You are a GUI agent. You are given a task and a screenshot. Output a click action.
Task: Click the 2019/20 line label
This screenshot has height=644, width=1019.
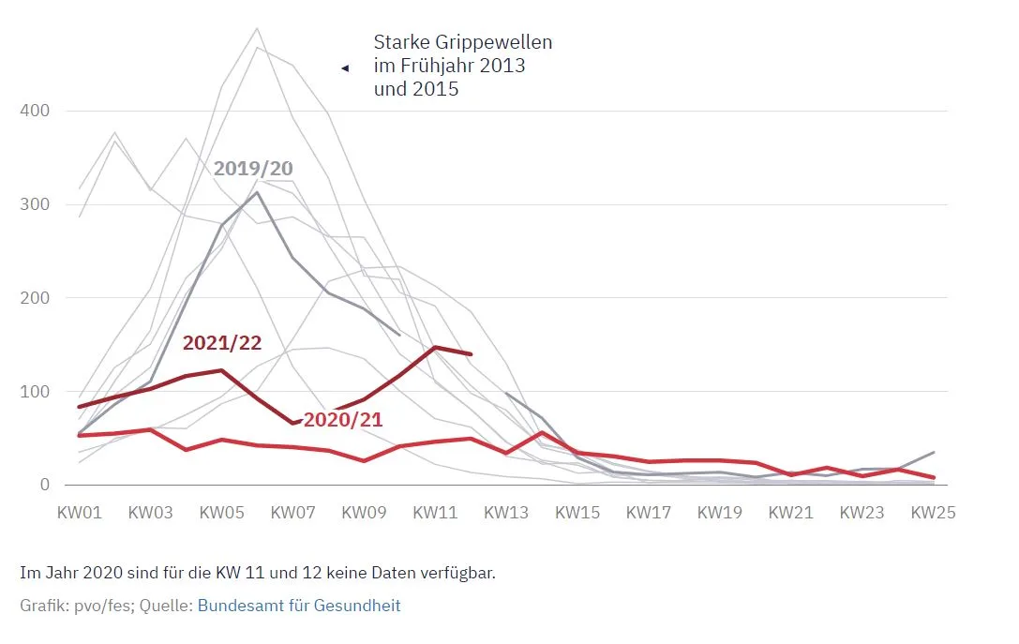[x=253, y=169]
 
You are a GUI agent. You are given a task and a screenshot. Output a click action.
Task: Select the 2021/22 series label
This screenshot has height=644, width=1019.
[x=221, y=343]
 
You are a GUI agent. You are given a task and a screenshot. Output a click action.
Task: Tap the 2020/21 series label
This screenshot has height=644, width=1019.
[x=342, y=420]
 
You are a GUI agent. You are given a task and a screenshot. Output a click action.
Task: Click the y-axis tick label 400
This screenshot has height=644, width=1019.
[x=35, y=111]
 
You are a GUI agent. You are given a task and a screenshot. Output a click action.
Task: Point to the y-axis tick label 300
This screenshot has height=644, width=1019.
[x=35, y=204]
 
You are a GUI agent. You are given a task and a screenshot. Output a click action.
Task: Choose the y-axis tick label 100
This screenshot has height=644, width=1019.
[x=35, y=391]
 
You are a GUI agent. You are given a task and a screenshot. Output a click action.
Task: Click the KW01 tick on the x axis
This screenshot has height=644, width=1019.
[x=79, y=513]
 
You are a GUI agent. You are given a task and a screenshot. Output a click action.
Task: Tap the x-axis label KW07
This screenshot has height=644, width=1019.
[x=292, y=513]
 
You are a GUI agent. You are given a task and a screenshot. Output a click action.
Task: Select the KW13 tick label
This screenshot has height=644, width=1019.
[x=506, y=513]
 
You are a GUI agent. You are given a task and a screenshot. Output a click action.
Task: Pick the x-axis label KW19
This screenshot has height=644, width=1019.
[x=720, y=513]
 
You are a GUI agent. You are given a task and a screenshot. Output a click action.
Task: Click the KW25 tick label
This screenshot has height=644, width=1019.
[x=934, y=513]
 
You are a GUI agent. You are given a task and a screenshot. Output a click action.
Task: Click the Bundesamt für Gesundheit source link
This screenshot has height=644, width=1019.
[x=299, y=606]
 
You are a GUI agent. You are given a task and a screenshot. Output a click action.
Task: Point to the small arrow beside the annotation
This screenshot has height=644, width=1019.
[x=345, y=67]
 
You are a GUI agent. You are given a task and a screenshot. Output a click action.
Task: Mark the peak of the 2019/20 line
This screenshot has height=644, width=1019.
[x=257, y=192]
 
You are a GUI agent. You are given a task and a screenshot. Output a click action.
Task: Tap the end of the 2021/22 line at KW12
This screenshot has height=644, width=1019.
[x=471, y=354]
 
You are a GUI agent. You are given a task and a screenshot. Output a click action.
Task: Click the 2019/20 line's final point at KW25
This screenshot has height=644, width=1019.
[x=934, y=452]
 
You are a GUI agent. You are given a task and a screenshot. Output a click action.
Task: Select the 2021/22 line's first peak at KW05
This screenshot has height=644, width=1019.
[x=221, y=370]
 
